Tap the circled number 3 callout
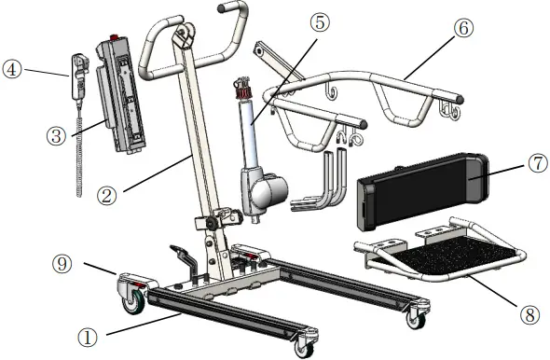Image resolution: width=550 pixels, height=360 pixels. point(55,133)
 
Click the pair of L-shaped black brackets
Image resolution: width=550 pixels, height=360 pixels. point(326,182)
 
